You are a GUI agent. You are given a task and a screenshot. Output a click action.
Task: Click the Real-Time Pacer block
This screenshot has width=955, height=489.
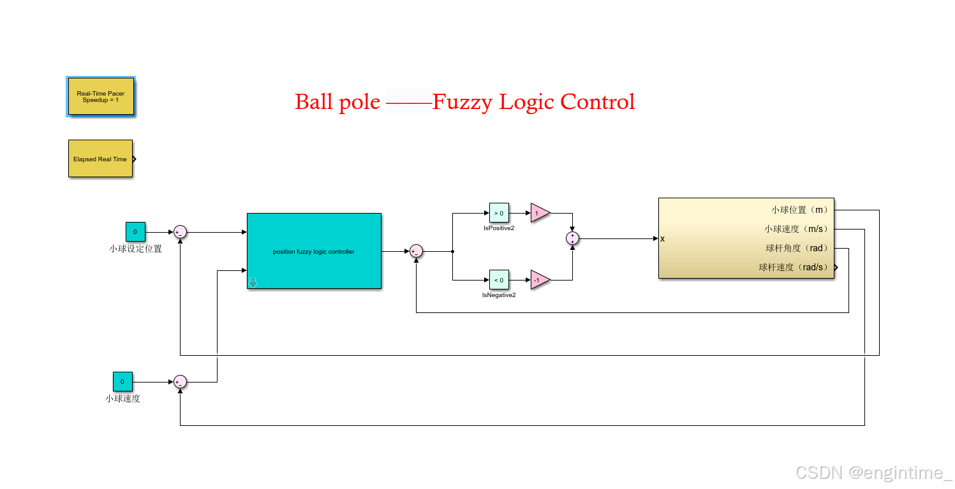(x=101, y=96)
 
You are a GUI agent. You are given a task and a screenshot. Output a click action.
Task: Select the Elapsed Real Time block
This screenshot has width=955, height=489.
(x=100, y=159)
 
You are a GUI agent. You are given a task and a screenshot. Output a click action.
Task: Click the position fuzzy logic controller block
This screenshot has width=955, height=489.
(x=314, y=251)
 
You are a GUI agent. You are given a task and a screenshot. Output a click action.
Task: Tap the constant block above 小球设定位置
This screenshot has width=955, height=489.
(x=135, y=232)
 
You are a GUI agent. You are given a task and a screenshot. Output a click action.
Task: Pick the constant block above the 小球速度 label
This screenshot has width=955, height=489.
(x=122, y=382)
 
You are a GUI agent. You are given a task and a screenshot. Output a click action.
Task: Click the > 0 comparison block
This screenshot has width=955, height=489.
(x=499, y=213)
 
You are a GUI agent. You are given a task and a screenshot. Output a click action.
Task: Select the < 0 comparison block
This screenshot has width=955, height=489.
(x=499, y=280)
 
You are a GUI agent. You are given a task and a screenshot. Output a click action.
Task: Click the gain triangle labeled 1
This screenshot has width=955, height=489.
(x=538, y=213)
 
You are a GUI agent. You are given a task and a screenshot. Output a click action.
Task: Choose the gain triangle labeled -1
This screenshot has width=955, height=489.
(x=538, y=280)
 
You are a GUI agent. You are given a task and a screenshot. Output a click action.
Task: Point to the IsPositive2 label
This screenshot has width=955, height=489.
(x=499, y=228)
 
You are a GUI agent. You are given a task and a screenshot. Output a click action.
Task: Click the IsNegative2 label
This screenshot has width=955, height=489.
(x=499, y=295)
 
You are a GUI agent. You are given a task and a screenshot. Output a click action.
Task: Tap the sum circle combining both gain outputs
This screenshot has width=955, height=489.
(x=572, y=238)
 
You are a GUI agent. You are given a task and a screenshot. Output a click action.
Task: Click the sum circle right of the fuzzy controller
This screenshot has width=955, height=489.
(x=416, y=251)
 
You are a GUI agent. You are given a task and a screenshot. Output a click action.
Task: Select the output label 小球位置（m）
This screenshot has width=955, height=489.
(x=799, y=210)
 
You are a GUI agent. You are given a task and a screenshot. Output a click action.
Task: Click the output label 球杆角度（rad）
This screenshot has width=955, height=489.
(x=797, y=248)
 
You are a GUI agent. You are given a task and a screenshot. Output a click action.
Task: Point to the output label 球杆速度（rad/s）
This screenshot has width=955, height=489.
(x=793, y=267)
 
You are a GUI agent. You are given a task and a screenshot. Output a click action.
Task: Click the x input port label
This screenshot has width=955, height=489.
(x=663, y=239)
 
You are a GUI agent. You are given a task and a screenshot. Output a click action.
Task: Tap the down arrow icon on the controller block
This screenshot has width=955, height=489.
(x=253, y=283)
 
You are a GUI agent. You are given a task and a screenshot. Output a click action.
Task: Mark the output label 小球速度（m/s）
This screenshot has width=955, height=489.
(x=796, y=229)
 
